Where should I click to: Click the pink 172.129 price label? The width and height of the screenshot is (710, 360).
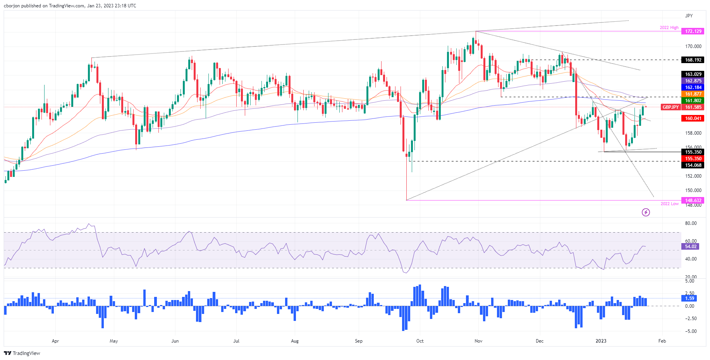(x=693, y=31)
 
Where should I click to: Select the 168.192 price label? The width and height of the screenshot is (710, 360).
(x=693, y=60)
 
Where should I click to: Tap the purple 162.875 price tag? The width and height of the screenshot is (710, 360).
(x=693, y=81)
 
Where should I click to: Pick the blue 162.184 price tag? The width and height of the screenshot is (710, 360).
(x=693, y=87)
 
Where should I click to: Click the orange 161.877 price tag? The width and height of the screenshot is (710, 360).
(x=693, y=94)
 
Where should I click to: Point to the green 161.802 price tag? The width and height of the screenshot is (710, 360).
(x=693, y=101)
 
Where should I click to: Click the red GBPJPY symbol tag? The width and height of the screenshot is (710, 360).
(x=670, y=107)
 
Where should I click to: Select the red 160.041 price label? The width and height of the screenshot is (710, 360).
(x=693, y=118)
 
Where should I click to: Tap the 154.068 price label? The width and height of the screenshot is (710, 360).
(x=693, y=165)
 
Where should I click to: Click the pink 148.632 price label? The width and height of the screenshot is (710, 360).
(x=693, y=201)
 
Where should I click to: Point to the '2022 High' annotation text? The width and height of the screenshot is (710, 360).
(x=669, y=28)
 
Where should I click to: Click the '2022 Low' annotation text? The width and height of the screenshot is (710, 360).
(x=669, y=204)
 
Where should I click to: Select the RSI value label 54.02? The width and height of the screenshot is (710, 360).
(x=691, y=247)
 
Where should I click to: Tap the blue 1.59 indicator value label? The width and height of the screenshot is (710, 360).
(x=689, y=298)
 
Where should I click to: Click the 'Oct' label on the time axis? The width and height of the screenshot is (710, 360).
(x=420, y=341)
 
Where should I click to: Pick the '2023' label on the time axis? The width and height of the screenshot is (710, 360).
(x=601, y=341)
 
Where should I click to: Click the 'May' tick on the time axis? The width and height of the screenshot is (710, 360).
(x=114, y=341)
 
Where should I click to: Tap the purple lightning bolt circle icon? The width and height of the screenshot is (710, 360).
(x=646, y=212)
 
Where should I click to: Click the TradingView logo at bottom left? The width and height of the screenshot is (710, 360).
(x=22, y=353)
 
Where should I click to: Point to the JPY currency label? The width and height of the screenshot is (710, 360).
(x=689, y=16)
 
